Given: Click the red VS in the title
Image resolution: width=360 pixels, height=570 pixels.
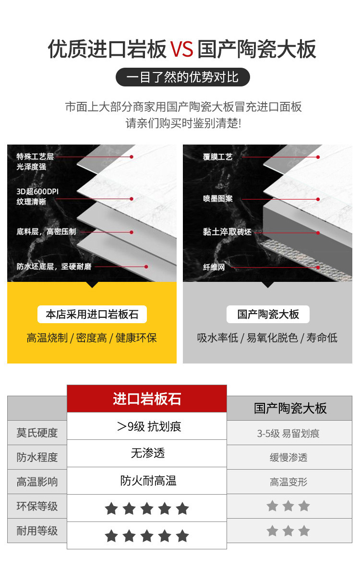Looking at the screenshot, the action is pos(181,49).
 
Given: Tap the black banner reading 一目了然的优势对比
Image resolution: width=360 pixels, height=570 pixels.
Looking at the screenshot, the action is pos(182,77).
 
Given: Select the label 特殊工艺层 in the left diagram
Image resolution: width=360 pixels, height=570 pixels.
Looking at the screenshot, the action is pos(35,157).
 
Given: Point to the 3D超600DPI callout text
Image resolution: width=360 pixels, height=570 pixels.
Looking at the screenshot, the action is pos(38,192).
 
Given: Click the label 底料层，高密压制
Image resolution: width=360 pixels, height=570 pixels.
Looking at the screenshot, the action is pos(46,231).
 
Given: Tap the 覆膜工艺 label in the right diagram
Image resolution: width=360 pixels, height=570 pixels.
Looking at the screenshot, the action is pos(217,157).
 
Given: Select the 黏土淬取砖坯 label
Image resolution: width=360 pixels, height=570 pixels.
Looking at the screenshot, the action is pos(227,232).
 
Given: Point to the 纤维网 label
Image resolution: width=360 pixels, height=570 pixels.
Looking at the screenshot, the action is pos(214,267).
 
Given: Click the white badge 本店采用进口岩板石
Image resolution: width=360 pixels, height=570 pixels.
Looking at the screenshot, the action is pos(92,315).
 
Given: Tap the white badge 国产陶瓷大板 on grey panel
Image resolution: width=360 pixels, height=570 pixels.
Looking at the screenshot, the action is pos(268,315).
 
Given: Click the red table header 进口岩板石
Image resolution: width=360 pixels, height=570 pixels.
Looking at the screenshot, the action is pos(147,399).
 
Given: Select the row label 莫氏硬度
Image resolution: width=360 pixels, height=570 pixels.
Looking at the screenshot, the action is pos(37,433).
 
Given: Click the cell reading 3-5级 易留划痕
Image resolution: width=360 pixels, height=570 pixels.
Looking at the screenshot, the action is pos(288,434).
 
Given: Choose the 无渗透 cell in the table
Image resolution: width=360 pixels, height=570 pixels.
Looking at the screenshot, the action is pos(147,453).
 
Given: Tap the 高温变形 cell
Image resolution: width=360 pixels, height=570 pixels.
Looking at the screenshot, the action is pos(288,482).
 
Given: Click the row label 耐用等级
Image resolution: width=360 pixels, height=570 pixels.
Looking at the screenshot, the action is pos(37,531).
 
